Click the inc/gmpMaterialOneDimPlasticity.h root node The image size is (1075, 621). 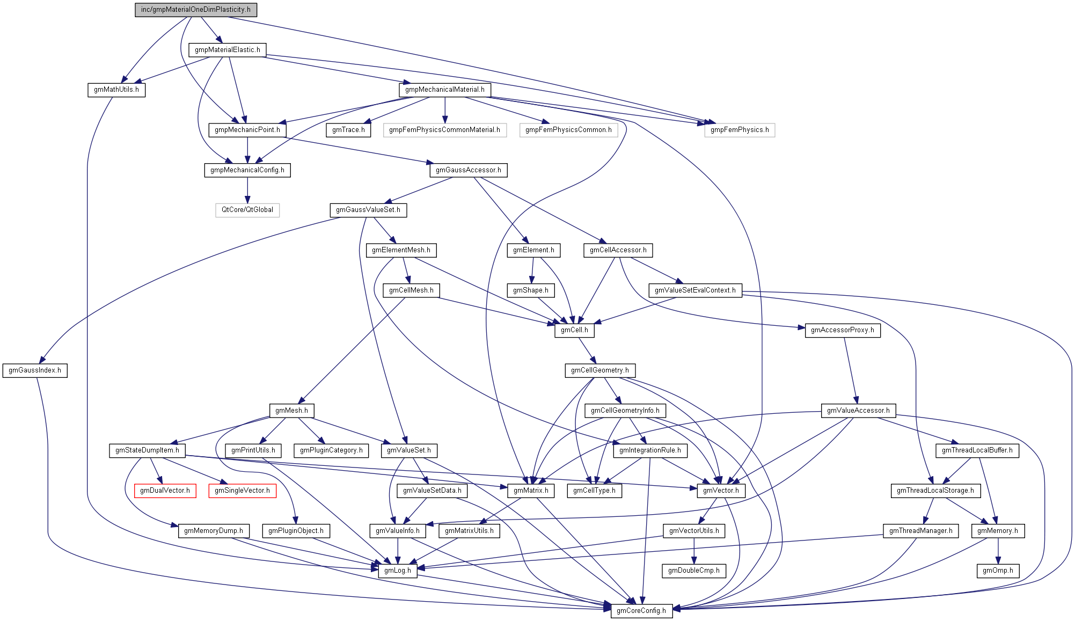(196, 10)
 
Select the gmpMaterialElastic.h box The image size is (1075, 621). (228, 50)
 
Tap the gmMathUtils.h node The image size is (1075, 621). (116, 90)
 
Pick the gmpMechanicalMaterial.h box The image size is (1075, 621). (445, 90)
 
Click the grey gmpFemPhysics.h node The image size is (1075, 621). (740, 130)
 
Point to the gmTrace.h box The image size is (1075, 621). (348, 130)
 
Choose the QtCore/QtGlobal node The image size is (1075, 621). (247, 210)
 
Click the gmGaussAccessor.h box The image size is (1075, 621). (469, 170)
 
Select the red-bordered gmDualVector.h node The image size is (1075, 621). (165, 491)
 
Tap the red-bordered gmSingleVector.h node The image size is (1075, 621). (243, 491)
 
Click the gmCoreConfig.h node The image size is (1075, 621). (641, 611)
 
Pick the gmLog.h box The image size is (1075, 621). (398, 571)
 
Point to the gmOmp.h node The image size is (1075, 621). (998, 571)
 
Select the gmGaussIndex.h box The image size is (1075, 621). (35, 370)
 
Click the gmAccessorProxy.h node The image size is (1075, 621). (843, 330)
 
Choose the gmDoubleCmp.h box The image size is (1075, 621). (694, 571)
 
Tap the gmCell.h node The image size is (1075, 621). (574, 330)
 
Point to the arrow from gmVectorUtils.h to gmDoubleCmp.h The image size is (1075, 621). (694, 551)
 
